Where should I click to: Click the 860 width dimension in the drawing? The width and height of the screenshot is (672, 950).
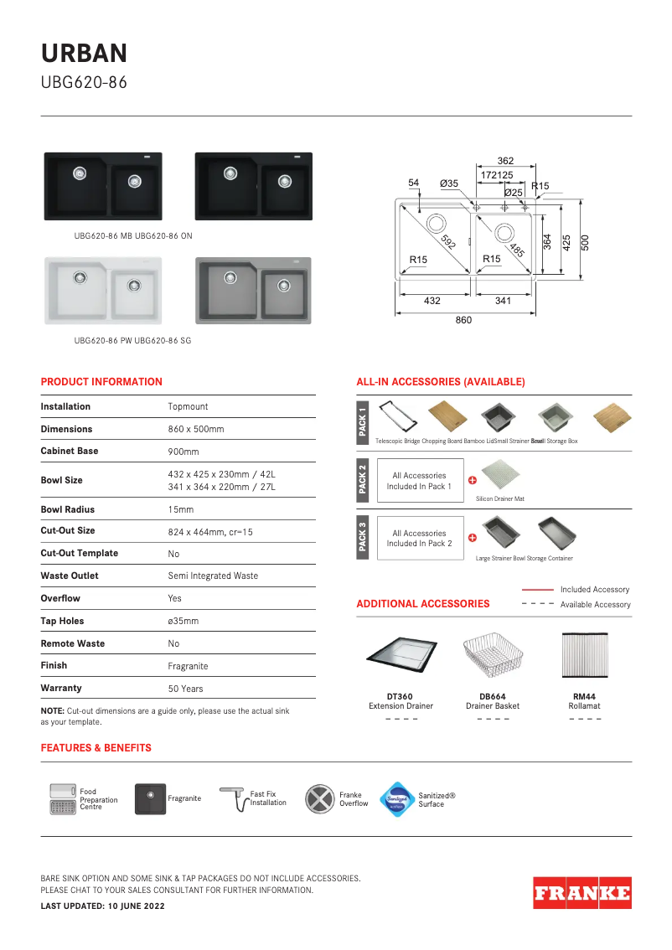coord(463,320)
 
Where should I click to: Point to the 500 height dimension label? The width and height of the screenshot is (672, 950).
coord(586,242)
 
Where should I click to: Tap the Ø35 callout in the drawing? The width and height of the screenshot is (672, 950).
coord(449,183)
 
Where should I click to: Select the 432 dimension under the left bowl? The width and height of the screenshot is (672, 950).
coord(432,300)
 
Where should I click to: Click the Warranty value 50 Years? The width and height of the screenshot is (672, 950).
coord(185,689)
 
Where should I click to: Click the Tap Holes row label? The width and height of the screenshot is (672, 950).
coord(62,621)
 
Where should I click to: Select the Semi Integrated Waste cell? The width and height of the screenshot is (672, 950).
coord(213,576)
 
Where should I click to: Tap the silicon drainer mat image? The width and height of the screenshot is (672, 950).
coord(499,477)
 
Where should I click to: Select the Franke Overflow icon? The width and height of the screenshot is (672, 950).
coord(319,799)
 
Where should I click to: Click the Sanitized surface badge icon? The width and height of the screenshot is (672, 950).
coord(396,799)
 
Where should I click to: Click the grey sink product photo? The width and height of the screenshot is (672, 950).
coord(253,291)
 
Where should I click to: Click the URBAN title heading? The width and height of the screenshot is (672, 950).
coord(85,54)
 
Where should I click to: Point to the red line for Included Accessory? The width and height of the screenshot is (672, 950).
coord(537,590)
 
